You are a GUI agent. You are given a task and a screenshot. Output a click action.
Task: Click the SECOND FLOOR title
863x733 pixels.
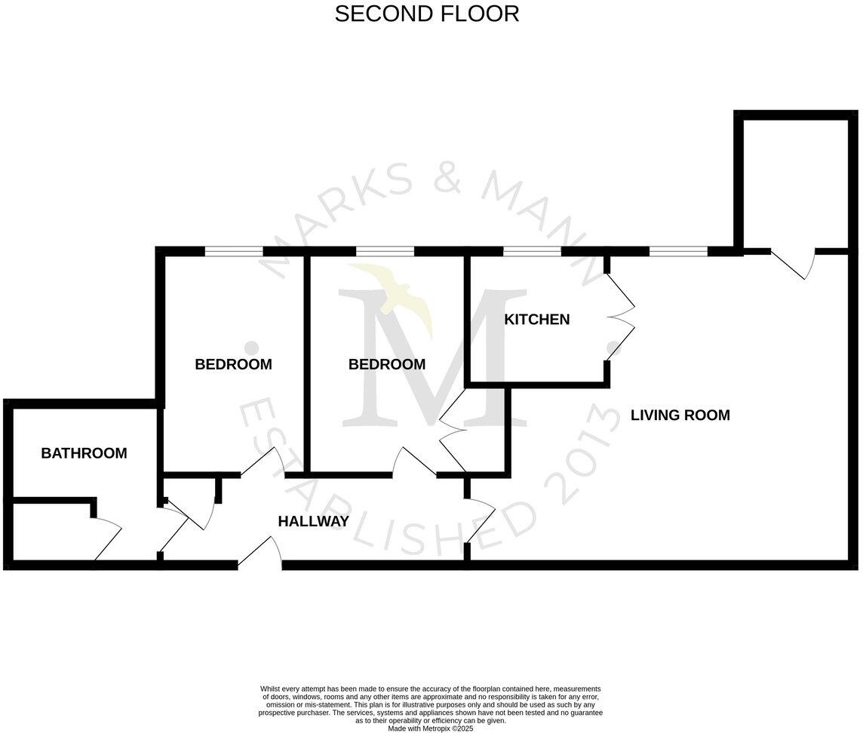coord(427,14)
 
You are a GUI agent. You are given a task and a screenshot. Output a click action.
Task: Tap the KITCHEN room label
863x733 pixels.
coord(537,320)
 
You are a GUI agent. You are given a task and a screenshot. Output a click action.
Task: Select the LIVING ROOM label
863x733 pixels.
coord(680,415)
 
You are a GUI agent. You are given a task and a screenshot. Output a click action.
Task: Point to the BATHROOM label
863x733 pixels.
coord(84,453)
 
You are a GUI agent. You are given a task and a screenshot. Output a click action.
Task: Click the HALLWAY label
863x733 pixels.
coord(313,521)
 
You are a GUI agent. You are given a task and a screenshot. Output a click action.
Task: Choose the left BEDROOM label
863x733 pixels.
coord(233,364)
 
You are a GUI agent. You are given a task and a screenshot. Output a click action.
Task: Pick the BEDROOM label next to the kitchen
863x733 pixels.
coord(386,364)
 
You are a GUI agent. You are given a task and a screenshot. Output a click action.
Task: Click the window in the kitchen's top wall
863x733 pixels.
coord(532,252)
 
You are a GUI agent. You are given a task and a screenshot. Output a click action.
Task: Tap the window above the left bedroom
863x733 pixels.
coord(233,252)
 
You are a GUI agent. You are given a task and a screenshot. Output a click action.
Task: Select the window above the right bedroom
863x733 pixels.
coord(385,252)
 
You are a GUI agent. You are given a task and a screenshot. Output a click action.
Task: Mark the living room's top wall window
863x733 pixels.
coord(678,252)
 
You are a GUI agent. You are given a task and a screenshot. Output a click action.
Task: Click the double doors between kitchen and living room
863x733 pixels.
coord(620,315)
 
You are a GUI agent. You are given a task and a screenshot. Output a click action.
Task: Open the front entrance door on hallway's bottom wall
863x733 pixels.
coord(260,554)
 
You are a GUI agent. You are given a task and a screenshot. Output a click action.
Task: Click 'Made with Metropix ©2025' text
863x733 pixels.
coord(431,728)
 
